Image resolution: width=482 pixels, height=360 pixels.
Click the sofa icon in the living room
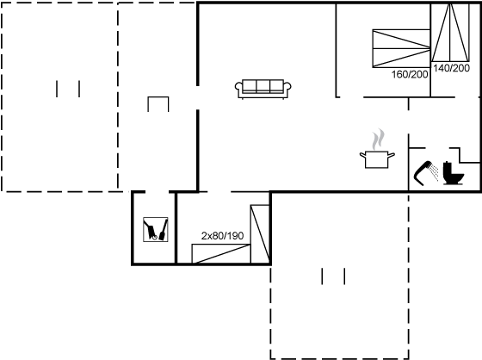click(263, 89)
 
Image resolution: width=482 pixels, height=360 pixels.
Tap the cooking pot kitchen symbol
click(377, 158)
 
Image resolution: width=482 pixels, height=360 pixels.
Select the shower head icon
click(422, 173)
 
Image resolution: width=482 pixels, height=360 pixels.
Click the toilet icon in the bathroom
click(453, 173)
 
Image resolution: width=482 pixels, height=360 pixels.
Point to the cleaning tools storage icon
click(156, 229)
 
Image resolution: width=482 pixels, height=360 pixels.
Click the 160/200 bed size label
click(410, 74)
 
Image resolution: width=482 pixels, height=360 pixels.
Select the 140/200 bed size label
click(451, 68)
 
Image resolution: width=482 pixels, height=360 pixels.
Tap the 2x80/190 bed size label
click(222, 236)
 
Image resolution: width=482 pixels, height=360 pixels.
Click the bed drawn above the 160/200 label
click(401, 48)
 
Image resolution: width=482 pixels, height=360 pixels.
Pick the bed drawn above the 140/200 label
click(450, 33)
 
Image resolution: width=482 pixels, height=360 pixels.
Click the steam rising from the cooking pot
click(378, 139)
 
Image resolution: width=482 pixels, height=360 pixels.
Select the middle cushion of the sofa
click(263, 85)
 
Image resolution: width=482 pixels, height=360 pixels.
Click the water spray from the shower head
click(435, 172)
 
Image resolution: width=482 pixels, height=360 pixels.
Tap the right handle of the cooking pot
click(392, 155)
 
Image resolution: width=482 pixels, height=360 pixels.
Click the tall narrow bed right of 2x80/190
click(260, 234)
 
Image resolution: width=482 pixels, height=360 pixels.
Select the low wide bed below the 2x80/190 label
click(221, 254)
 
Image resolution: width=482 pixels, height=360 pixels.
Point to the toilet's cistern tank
click(447, 168)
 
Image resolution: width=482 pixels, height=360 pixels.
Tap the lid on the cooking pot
click(377, 152)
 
